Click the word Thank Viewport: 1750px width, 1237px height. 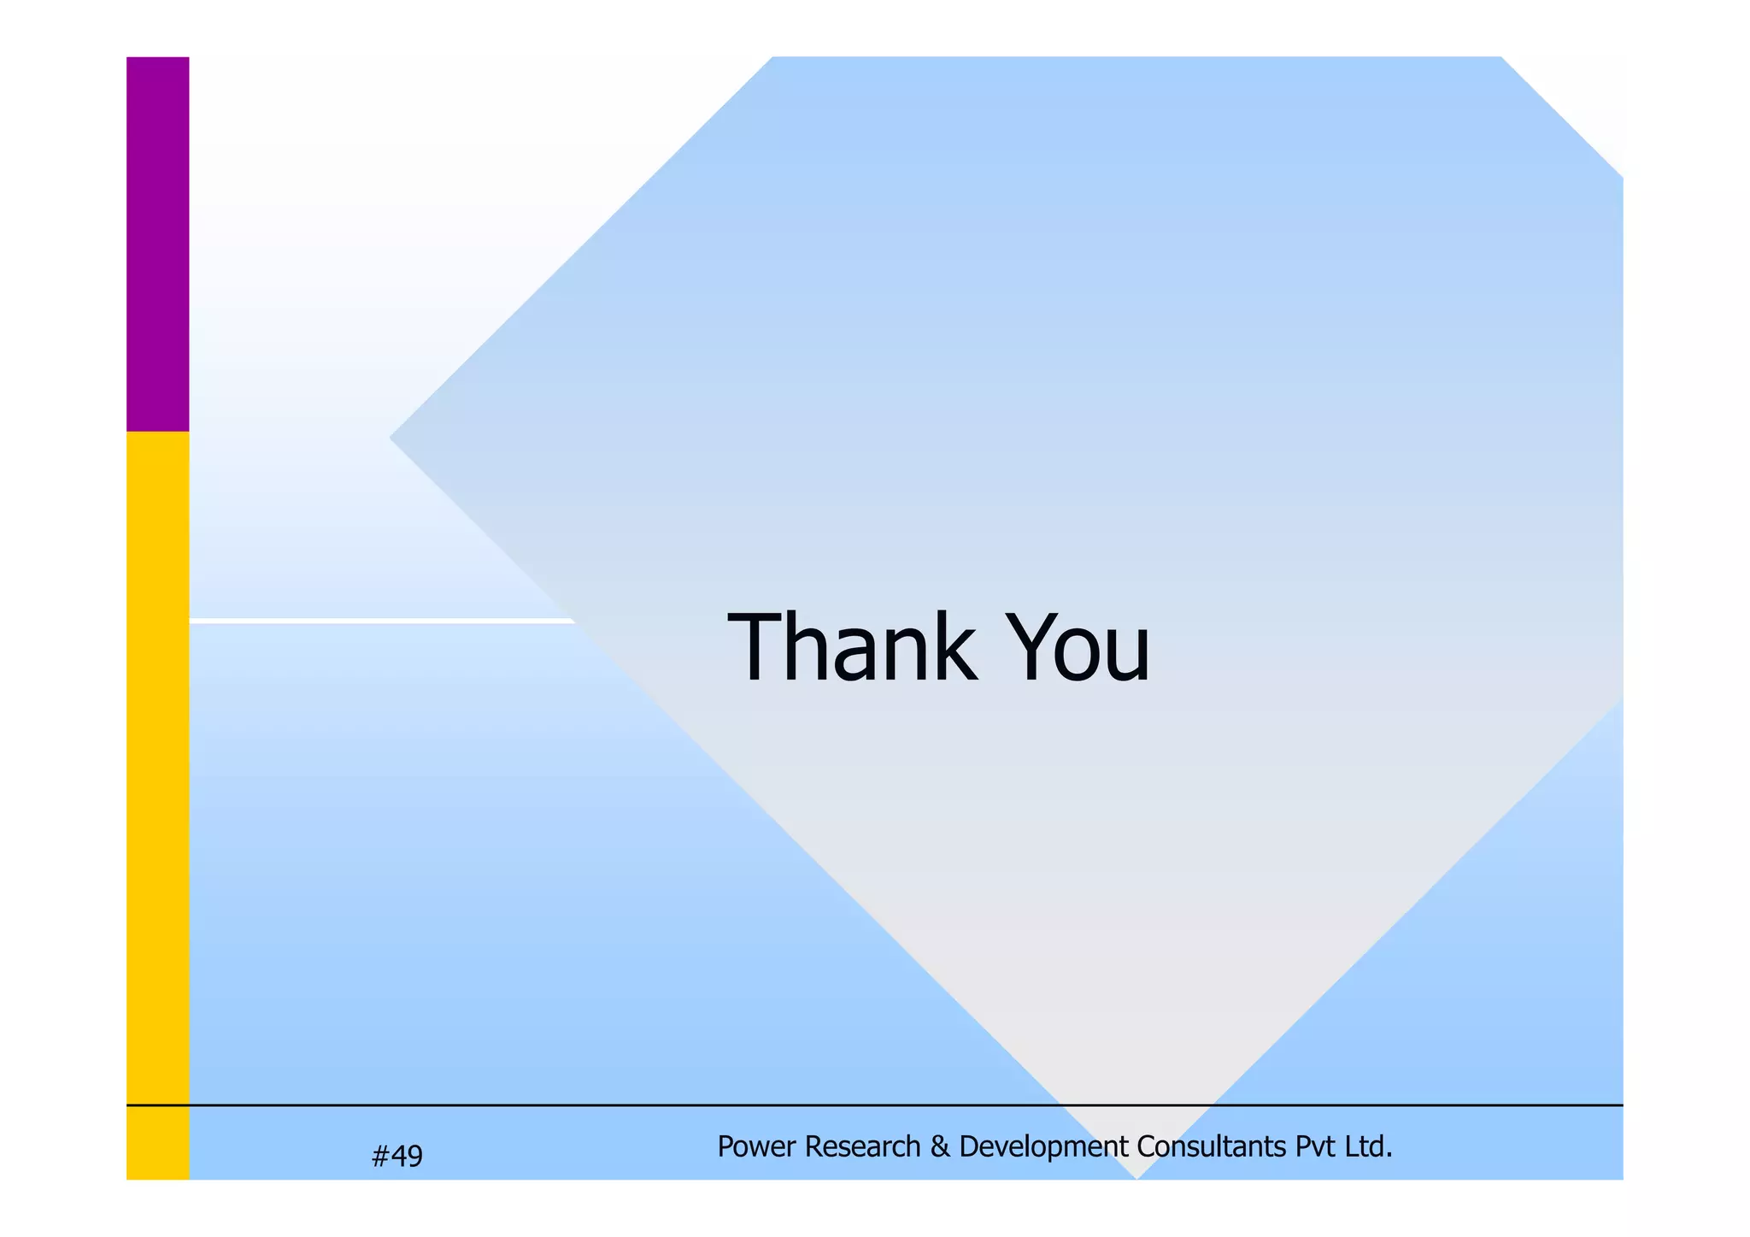pos(851,647)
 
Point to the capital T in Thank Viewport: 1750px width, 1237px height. pos(755,647)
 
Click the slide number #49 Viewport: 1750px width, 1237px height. pos(397,1156)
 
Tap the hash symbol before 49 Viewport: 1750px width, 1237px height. pos(381,1156)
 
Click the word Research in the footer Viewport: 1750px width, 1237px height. pos(862,1146)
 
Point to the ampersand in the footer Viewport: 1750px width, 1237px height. pos(940,1146)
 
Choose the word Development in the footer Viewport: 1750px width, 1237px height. pos(1043,1146)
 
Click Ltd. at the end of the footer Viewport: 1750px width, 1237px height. pos(1369,1146)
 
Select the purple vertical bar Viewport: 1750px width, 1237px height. pos(157,244)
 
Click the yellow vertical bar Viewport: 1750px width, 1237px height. pos(157,804)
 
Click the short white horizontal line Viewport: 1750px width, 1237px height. pos(380,621)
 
